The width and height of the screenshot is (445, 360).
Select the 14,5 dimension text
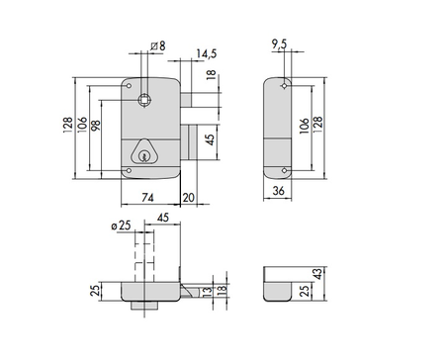pyautogui.click(x=207, y=51)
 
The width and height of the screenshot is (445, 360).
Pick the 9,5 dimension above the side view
pyautogui.click(x=279, y=45)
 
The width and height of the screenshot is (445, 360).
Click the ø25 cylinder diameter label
pyautogui.click(x=122, y=226)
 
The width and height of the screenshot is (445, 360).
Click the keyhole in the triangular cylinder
pyautogui.click(x=145, y=153)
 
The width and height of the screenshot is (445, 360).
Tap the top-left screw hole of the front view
pyautogui.click(x=130, y=87)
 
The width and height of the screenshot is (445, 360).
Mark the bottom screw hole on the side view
pyautogui.click(x=285, y=170)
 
